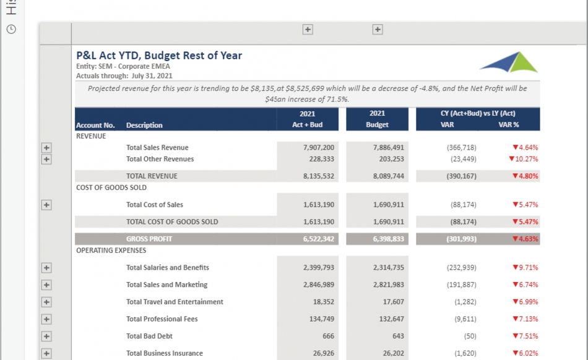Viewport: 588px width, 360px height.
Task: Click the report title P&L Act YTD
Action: pyautogui.click(x=159, y=56)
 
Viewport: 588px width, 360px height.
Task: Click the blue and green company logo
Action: pyautogui.click(x=509, y=62)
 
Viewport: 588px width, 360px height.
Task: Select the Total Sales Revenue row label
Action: pyautogui.click(x=157, y=148)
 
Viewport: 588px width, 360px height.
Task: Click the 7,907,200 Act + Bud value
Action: pyautogui.click(x=319, y=148)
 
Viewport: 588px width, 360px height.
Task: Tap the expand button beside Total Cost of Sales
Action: pyautogui.click(x=46, y=205)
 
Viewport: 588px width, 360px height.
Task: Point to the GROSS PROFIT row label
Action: pyautogui.click(x=149, y=239)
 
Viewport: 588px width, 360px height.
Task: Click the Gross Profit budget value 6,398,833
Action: pyautogui.click(x=388, y=239)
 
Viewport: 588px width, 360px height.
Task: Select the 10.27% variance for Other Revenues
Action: pyautogui.click(x=523, y=159)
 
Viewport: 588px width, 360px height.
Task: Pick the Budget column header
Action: pyautogui.click(x=377, y=125)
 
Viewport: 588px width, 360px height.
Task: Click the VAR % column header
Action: pyautogui.click(x=509, y=125)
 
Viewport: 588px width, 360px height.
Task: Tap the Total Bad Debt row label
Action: pyautogui.click(x=149, y=336)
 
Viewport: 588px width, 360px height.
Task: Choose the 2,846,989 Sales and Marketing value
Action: pyautogui.click(x=319, y=285)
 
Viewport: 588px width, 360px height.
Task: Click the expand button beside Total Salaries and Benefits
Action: pyautogui.click(x=46, y=268)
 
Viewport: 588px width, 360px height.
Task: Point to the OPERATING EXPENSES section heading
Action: pyautogui.click(x=111, y=251)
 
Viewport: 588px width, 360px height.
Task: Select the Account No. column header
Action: pyautogui.click(x=95, y=126)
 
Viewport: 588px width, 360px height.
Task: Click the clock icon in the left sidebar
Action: pyautogui.click(x=11, y=29)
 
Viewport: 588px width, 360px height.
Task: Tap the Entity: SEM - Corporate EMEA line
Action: pyautogui.click(x=123, y=67)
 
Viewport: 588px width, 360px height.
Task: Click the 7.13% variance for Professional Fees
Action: pyautogui.click(x=525, y=319)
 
